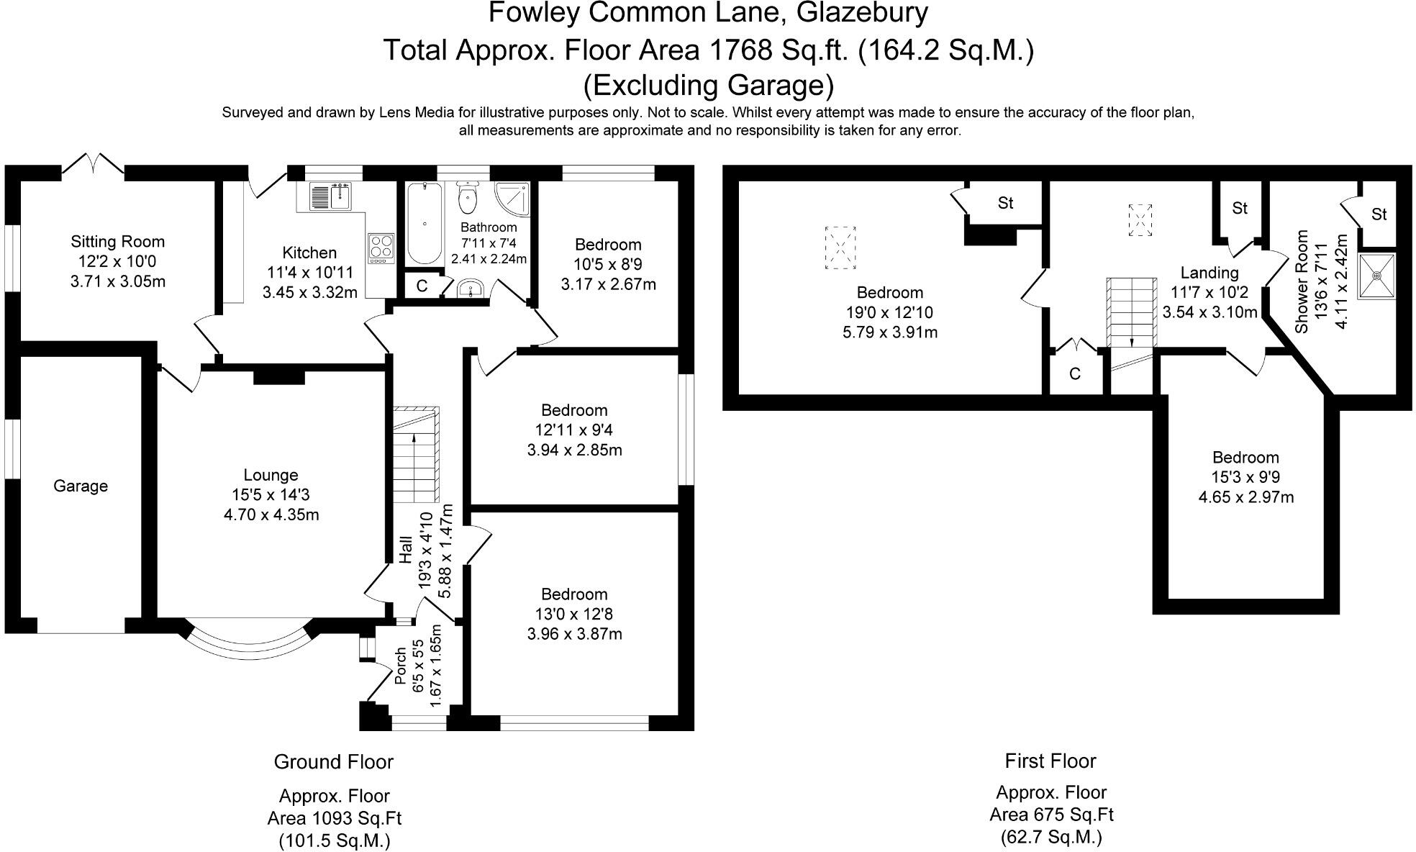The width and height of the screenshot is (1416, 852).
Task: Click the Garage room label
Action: click(x=81, y=486)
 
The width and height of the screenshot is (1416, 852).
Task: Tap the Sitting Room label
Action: click(x=117, y=242)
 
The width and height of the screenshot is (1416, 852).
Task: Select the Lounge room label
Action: click(x=271, y=475)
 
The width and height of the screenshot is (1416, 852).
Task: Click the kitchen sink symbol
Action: click(x=331, y=196)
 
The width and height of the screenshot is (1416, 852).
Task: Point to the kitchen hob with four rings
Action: click(x=381, y=248)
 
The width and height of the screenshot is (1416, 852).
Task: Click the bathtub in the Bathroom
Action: click(x=425, y=224)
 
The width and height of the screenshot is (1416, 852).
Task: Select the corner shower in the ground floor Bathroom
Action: click(x=512, y=201)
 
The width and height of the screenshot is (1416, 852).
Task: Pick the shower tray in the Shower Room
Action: click(x=1376, y=276)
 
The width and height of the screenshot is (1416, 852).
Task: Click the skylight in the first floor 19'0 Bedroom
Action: click(x=840, y=248)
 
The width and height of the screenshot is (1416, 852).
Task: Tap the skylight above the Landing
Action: click(x=1140, y=219)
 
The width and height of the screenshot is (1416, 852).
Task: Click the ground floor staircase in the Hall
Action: click(x=415, y=454)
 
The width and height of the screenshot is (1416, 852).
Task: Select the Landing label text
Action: click(x=1209, y=273)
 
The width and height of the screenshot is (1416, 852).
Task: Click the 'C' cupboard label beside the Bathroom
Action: click(x=422, y=286)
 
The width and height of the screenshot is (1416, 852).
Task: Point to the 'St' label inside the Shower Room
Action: click(x=1379, y=214)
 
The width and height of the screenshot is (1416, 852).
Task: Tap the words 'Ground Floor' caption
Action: click(x=334, y=761)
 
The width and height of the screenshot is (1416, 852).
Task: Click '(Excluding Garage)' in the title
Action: click(x=708, y=85)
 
